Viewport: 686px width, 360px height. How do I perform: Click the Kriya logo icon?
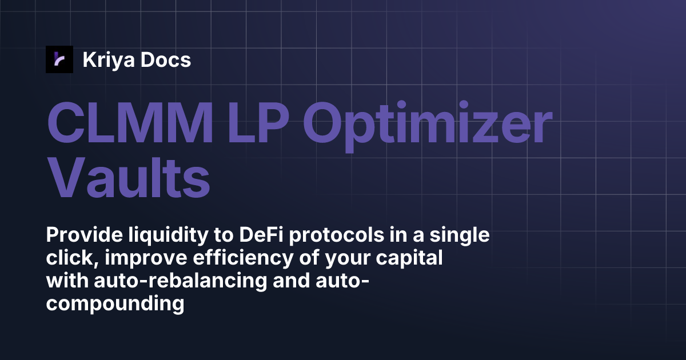pos(59,59)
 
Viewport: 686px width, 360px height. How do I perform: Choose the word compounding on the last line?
pos(115,304)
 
